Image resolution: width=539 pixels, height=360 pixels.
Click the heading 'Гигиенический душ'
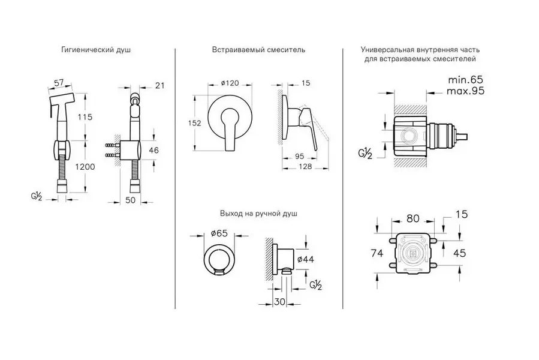(x=96, y=50)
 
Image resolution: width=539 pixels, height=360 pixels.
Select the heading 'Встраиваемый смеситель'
(x=258, y=50)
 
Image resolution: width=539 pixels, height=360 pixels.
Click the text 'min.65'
(x=465, y=80)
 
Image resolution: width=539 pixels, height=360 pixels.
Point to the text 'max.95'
(x=465, y=91)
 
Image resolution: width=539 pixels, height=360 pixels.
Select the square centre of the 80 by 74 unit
(x=413, y=252)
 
